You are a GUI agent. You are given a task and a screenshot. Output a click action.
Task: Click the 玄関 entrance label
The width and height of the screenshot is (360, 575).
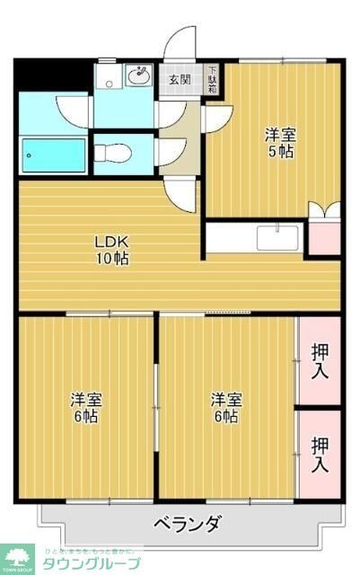tap(180, 79)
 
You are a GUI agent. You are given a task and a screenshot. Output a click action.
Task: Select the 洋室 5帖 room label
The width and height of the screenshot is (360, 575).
tap(278, 143)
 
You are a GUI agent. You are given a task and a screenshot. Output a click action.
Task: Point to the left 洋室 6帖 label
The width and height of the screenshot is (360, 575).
tap(87, 409)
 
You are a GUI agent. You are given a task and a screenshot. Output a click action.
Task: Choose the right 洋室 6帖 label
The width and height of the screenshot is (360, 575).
tap(225, 409)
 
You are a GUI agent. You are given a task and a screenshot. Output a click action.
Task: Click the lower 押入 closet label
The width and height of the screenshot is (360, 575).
tap(319, 453)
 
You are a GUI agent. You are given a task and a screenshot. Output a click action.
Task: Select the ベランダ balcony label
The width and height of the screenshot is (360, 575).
tap(186, 525)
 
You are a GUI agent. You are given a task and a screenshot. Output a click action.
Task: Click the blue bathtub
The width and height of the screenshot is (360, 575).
tap(54, 157)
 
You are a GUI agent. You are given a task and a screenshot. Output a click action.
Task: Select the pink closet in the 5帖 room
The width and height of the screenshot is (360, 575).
tap(324, 235)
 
